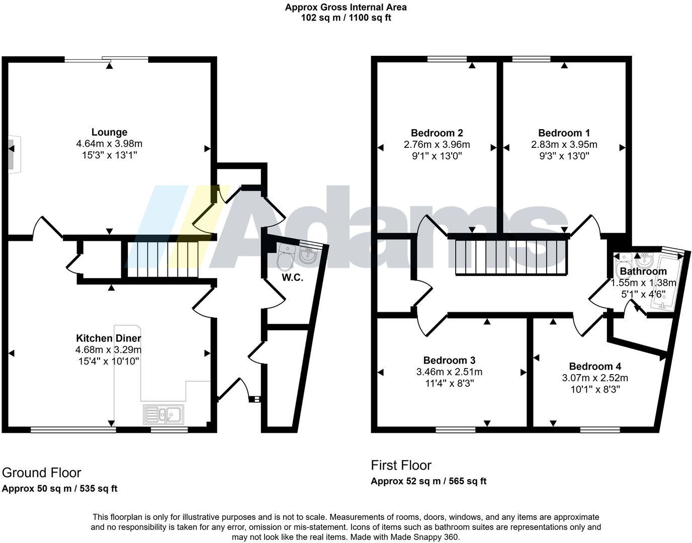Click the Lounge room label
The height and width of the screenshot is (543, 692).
pyautogui.click(x=109, y=133)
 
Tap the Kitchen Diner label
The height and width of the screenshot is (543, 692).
pyautogui.click(x=109, y=338)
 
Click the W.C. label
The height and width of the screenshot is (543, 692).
pyautogui.click(x=292, y=278)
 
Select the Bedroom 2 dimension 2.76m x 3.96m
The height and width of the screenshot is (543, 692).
pyautogui.click(x=437, y=145)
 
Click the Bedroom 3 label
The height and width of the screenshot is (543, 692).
pyautogui.click(x=449, y=360)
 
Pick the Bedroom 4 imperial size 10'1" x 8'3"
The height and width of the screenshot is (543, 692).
pyautogui.click(x=595, y=389)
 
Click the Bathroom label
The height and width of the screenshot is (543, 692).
pyautogui.click(x=643, y=271)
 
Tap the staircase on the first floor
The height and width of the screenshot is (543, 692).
pyautogui.click(x=511, y=257)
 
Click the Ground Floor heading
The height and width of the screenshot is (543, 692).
pyautogui.click(x=42, y=473)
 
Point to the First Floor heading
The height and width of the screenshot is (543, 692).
pyautogui.click(x=401, y=465)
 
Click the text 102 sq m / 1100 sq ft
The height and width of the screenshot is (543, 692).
pyautogui.click(x=346, y=18)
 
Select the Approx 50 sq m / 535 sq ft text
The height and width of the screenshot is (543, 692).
pyautogui.click(x=60, y=489)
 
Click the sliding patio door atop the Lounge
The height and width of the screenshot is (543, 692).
pyautogui.click(x=107, y=59)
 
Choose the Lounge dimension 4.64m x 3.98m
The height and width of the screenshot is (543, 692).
pyautogui.click(x=109, y=144)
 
